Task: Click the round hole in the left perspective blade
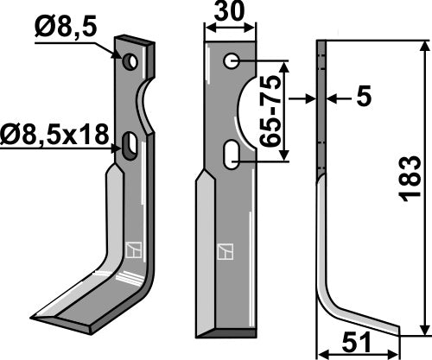point(130,62)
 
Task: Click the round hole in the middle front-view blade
point(232,62)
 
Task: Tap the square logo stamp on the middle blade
point(225,252)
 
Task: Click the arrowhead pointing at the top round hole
point(119,56)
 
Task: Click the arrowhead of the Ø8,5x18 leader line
point(119,148)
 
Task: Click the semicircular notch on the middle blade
point(246,108)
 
